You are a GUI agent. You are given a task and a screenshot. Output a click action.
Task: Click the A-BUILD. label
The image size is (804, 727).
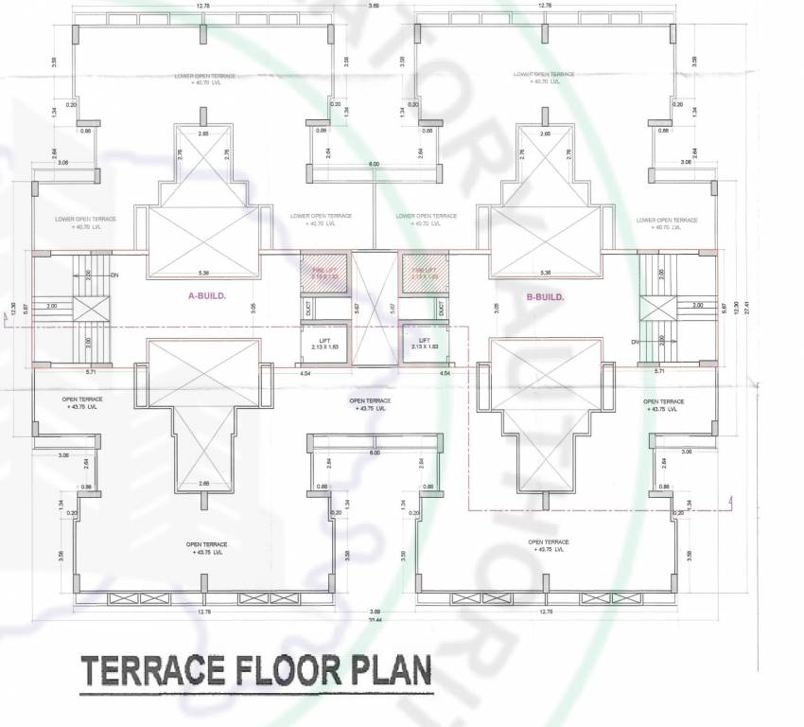coord(206,296)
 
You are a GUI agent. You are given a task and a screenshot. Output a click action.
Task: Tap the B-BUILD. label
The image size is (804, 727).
coord(545,296)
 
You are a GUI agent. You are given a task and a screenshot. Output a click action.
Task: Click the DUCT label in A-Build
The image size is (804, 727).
coord(309,308)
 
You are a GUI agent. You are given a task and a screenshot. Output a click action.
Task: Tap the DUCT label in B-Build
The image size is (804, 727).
coord(442,308)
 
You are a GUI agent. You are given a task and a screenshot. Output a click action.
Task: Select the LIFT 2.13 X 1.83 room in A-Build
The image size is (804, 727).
coord(324,343)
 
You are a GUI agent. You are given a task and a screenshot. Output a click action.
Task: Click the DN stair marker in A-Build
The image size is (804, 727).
coord(114,275)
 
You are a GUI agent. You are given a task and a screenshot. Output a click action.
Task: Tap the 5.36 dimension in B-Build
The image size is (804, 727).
coord(545,273)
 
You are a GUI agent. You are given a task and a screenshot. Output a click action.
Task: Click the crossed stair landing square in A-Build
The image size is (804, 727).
coord(90,308)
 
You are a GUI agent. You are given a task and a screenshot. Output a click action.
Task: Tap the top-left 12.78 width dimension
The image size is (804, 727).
coord(202,7)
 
